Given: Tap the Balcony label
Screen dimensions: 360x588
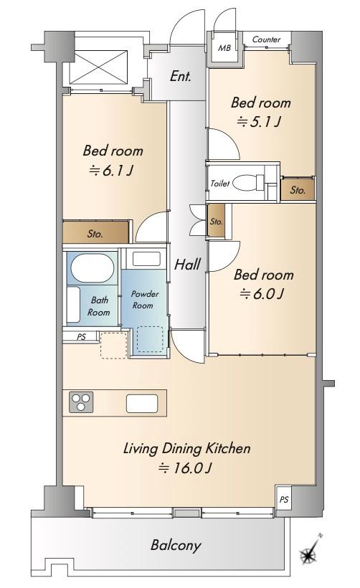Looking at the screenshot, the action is pyautogui.click(x=176, y=545).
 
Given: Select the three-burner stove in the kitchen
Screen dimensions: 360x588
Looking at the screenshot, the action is pyautogui.click(x=81, y=402).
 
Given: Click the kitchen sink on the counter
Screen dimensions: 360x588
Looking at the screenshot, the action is pyautogui.click(x=142, y=404).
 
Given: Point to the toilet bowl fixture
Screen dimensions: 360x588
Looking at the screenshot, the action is pyautogui.click(x=249, y=183).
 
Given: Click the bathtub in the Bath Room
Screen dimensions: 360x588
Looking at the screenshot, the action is pyautogui.click(x=92, y=267).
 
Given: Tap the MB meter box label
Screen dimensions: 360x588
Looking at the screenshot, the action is pyautogui.click(x=224, y=48).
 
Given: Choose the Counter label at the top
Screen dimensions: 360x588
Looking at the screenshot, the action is pyautogui.click(x=266, y=39).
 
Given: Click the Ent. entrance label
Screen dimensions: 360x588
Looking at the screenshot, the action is pyautogui.click(x=181, y=77).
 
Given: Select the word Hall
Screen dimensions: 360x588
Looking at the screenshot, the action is pyautogui.click(x=187, y=265).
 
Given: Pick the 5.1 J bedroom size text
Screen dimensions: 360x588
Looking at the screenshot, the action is pyautogui.click(x=259, y=122).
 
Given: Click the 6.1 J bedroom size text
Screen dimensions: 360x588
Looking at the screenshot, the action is pyautogui.click(x=111, y=171).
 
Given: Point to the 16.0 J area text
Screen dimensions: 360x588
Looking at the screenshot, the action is pyautogui.click(x=186, y=468).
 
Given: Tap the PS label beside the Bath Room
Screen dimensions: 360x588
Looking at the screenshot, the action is pyautogui.click(x=81, y=337).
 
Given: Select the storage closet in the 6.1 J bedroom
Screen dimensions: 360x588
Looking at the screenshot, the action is pyautogui.click(x=95, y=232).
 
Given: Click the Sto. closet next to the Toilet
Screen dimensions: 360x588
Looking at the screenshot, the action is pyautogui.click(x=298, y=189).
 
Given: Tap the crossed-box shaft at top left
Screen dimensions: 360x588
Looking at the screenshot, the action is pyautogui.click(x=99, y=67).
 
